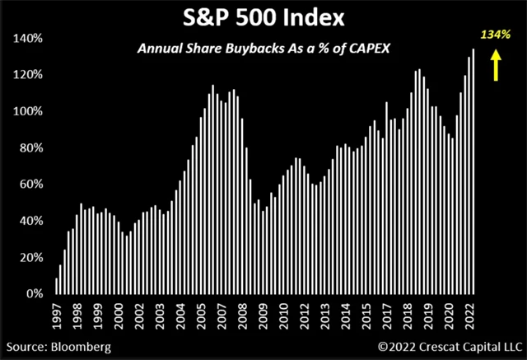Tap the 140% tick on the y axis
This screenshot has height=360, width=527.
(29, 39)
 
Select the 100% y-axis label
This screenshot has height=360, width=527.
(29, 111)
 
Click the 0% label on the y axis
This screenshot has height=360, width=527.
(34, 293)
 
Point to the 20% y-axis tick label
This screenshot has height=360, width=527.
(30, 257)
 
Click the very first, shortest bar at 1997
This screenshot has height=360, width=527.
(56, 286)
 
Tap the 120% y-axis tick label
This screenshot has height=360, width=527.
(29, 75)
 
